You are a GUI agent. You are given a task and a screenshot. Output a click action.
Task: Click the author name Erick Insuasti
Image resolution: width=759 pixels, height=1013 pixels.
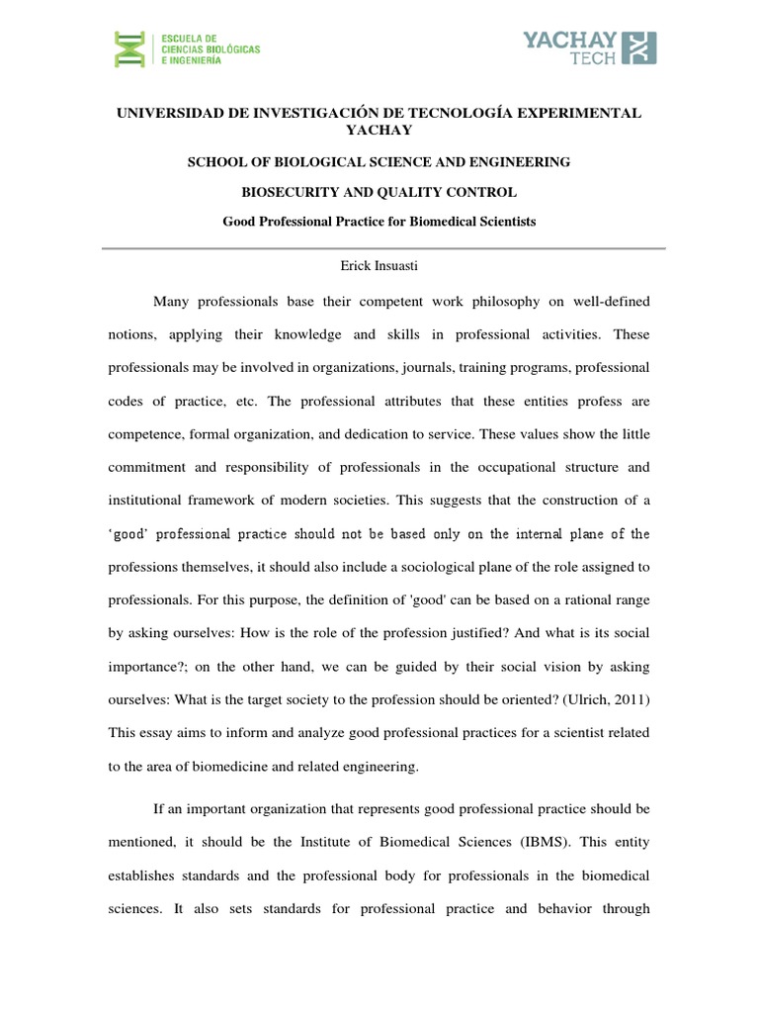click(x=379, y=265)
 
